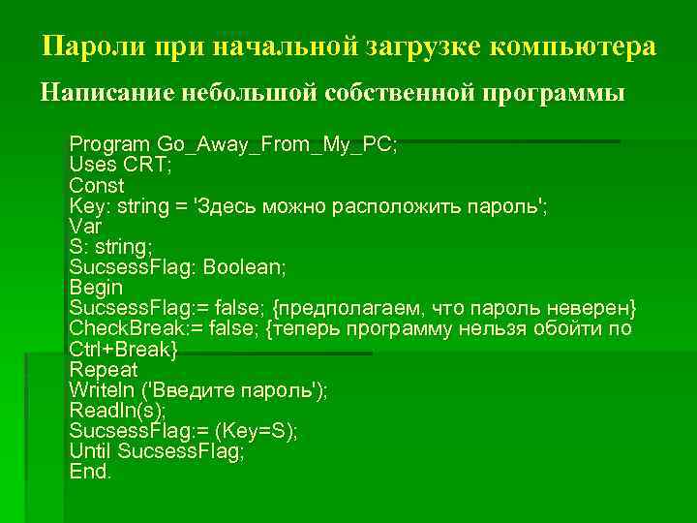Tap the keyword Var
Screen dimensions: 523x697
click(x=85, y=226)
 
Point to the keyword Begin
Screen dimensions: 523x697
click(x=96, y=287)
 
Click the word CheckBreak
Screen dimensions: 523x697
click(x=126, y=328)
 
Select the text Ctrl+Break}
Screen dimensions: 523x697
click(x=124, y=349)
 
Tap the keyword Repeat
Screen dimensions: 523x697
click(x=104, y=369)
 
